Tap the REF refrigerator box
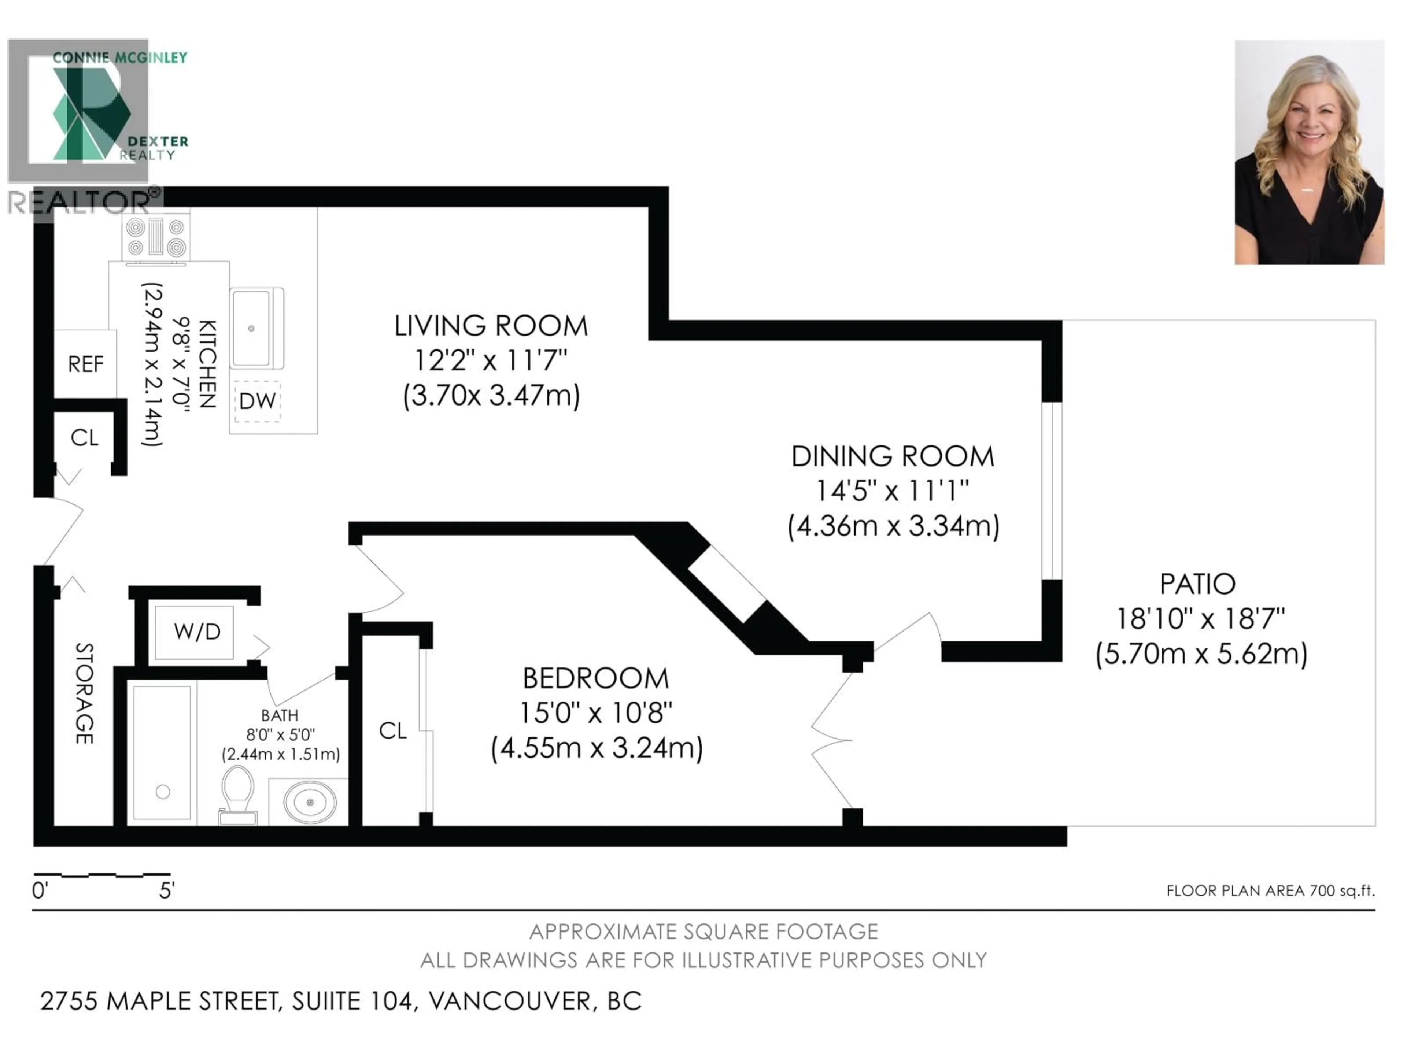tap(85, 364)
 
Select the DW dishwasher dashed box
tap(257, 401)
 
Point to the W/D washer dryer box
tap(196, 632)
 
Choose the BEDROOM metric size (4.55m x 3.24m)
tap(597, 748)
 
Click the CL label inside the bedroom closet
tap(392, 731)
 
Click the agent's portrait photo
tap(1309, 153)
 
